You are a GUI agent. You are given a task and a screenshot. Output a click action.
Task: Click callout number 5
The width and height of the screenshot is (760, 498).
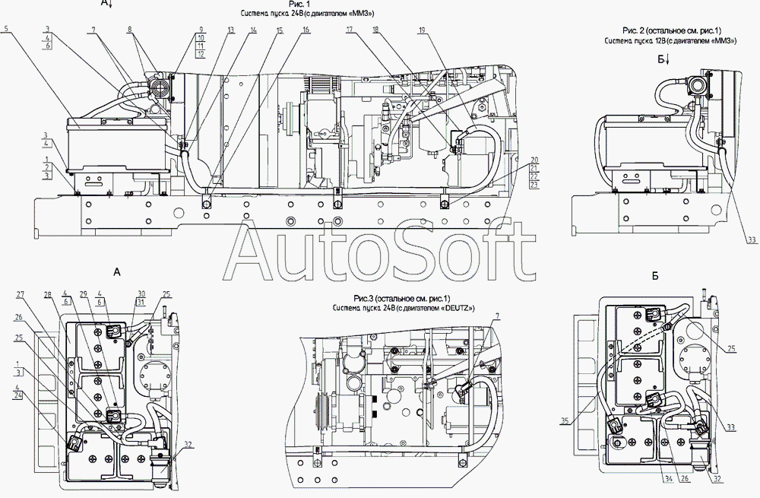pos(6,29)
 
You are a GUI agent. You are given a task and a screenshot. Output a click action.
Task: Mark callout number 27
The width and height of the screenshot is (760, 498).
pos(21,293)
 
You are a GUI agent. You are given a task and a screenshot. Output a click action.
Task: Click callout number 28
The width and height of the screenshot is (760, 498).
pos(47,293)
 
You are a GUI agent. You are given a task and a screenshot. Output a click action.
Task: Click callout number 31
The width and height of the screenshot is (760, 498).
pos(141,302)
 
